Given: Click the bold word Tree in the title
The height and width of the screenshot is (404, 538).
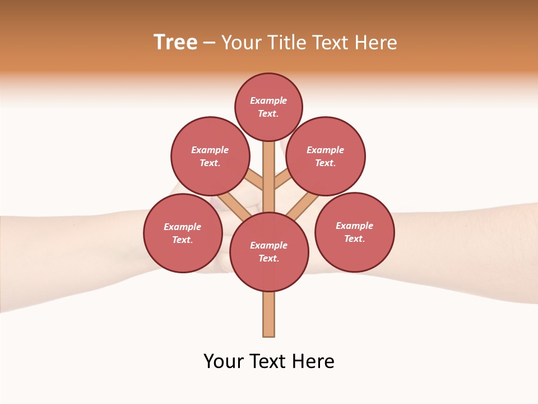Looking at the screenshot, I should pos(175,42).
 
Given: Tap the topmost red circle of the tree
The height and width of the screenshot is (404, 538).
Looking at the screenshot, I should pos(268,107).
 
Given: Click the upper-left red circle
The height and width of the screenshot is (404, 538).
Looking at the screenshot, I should pos(210,156).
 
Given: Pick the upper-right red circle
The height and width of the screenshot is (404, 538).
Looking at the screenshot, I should pos(326,156).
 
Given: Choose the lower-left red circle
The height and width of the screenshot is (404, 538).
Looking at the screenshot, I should pos(183,233).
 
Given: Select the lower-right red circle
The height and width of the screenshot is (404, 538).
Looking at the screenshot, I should pos(355,232).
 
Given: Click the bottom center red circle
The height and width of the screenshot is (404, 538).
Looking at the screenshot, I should pos(269,252).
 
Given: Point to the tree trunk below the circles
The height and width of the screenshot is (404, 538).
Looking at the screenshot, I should pos(269,314).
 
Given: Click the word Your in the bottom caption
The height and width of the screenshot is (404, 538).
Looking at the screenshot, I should pos(224,361).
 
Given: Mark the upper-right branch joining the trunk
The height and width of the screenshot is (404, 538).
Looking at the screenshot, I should pos(282,181).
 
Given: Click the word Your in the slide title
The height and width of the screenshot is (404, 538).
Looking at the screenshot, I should pos(243,42).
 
